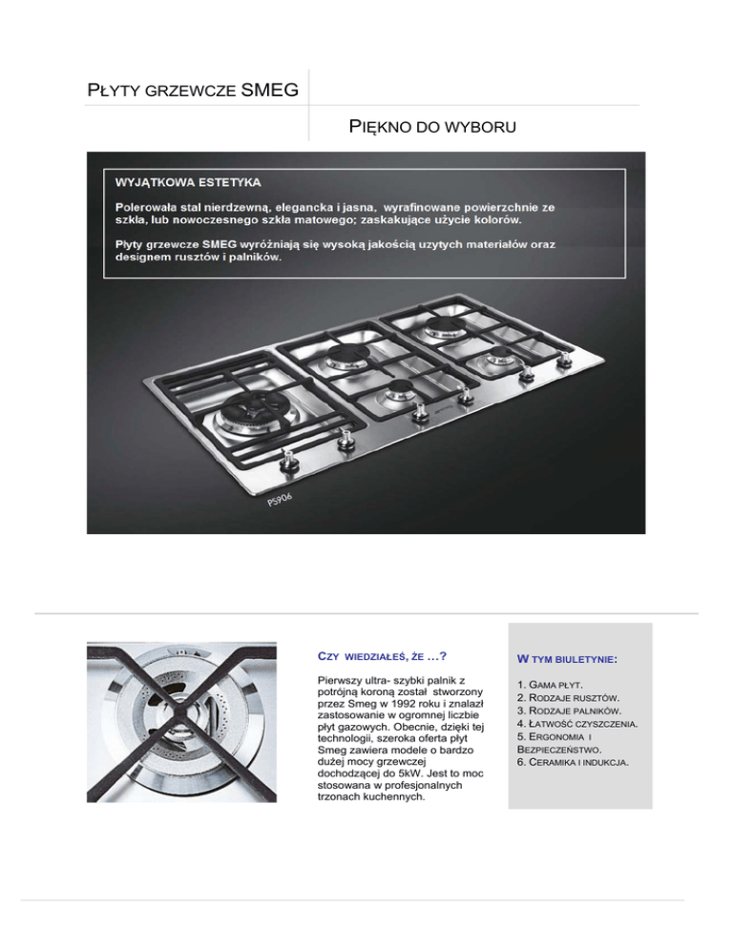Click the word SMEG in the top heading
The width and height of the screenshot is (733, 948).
270,91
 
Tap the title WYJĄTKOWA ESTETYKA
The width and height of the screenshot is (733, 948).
189,180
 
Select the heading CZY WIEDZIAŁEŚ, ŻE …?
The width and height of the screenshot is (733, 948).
381,656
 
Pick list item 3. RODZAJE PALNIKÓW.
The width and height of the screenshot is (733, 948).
570,711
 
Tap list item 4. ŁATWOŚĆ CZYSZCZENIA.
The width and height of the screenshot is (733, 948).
576,725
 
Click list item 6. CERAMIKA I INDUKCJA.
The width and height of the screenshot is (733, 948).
576,763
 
